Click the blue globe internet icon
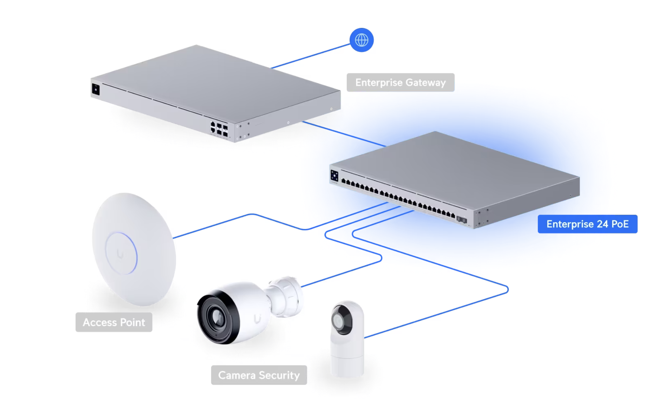coord(361,40)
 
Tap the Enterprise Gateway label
coord(400,82)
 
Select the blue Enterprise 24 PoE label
coord(587,224)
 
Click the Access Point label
coord(114,322)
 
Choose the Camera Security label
coord(259,375)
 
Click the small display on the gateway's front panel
coord(96,89)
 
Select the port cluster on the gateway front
coord(219,129)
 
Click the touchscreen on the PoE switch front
coord(334,176)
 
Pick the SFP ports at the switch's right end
coord(462,220)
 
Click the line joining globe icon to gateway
coord(311,56)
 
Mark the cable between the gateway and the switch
coord(344,134)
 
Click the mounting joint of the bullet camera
coord(285,297)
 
